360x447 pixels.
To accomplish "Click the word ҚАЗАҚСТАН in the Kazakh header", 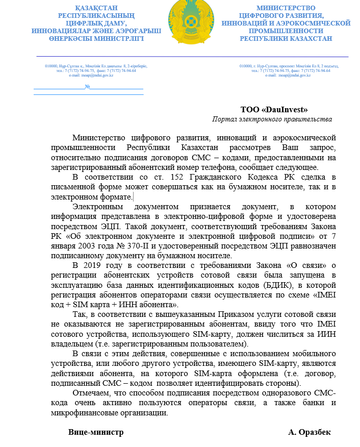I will coord(95,8).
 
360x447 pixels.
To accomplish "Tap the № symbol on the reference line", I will coord(87,86).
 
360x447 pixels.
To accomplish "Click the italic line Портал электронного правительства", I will coord(272,119).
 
